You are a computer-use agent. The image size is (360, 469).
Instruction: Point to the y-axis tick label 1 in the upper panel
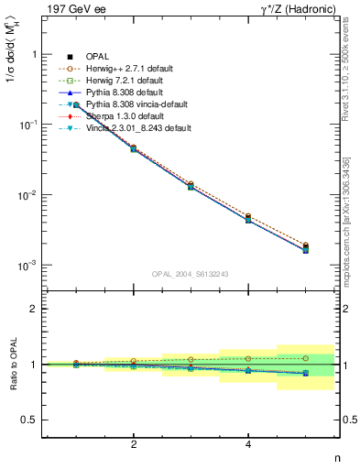coord(35,55)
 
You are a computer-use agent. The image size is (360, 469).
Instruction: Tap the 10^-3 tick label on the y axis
coord(28,265)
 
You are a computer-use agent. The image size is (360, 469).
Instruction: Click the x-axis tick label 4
coord(248,445)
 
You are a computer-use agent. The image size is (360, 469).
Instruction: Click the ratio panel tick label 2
coord(35,309)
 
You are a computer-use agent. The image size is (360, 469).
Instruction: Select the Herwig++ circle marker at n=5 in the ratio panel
coord(306,358)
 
